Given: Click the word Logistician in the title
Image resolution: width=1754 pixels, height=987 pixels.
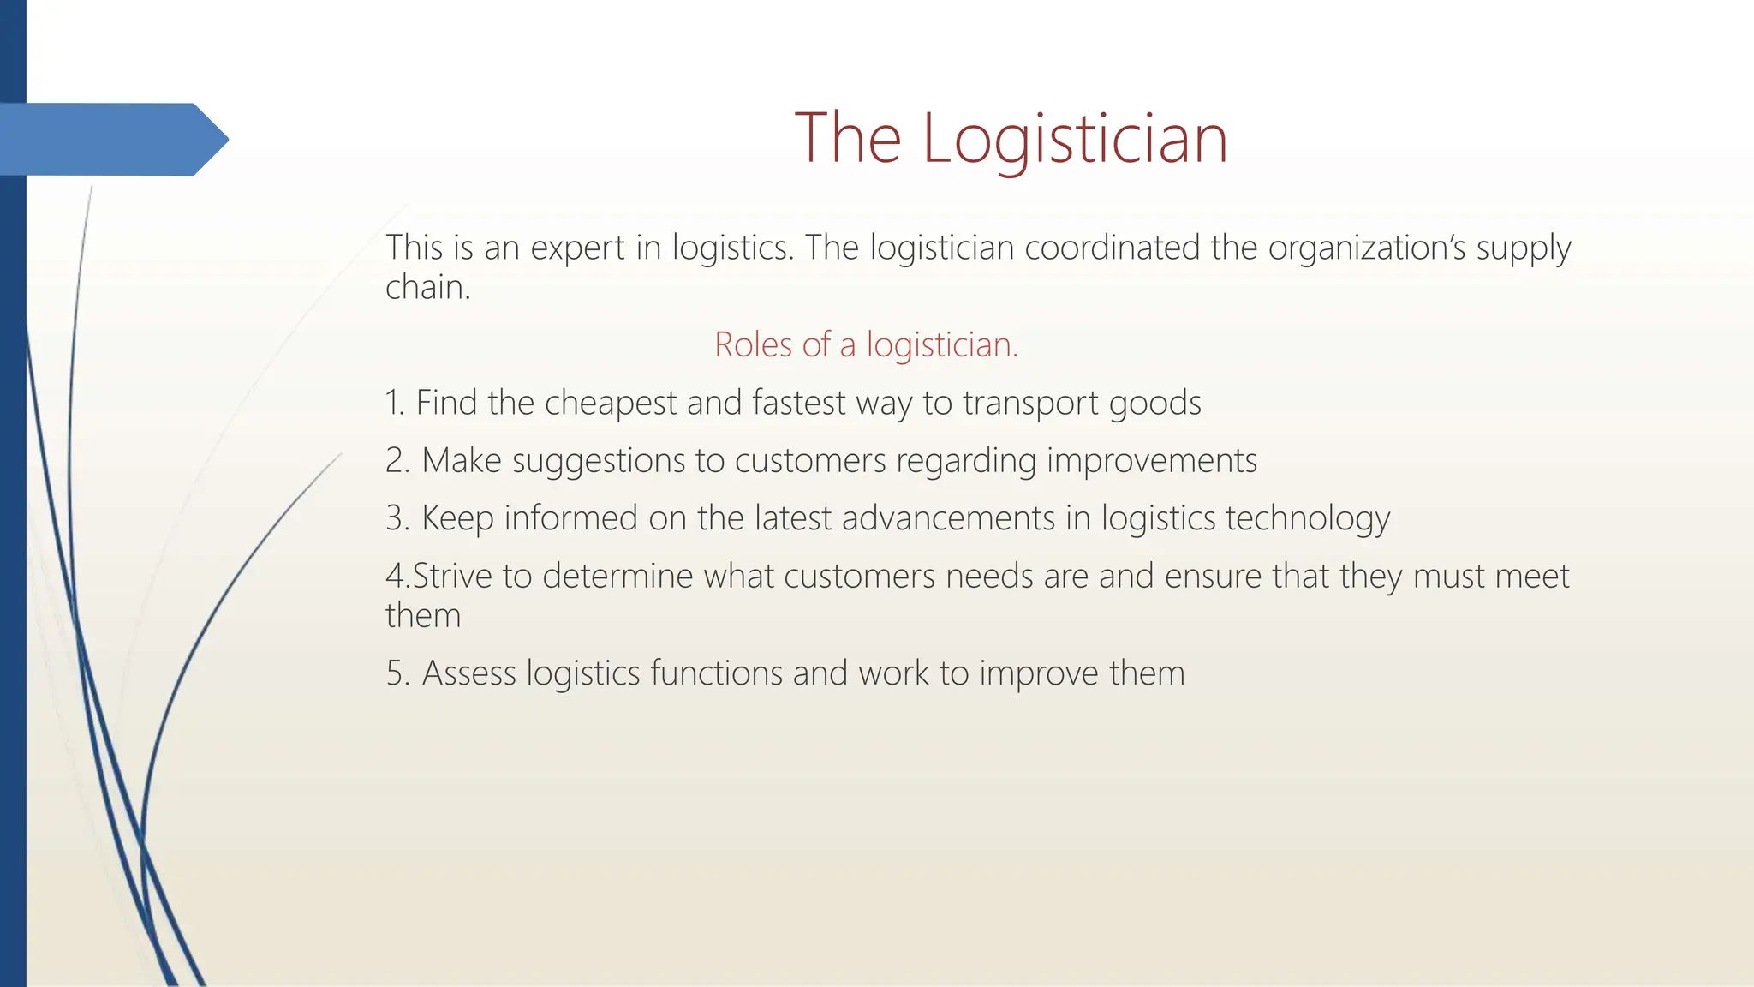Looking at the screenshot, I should [1075, 139].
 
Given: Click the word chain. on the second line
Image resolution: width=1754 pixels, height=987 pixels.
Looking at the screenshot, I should [427, 287].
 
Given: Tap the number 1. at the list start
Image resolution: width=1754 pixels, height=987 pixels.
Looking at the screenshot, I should [395, 403].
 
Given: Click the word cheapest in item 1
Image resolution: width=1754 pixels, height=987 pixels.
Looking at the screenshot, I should [611, 403].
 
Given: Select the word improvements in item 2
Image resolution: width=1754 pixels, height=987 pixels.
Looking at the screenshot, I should [1151, 461].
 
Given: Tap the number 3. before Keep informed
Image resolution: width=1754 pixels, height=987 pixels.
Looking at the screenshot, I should [398, 518].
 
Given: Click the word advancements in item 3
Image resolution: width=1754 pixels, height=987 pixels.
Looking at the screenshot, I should [948, 518].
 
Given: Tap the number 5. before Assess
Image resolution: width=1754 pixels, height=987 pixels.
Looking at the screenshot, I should [398, 673].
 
